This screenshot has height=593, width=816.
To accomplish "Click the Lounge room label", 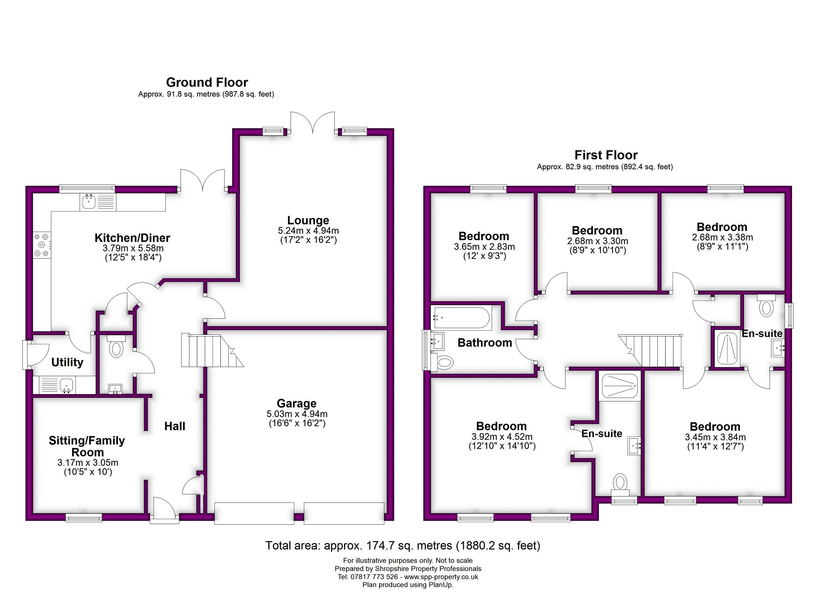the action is [308, 220].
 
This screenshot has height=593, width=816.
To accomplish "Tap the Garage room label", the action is [296, 403].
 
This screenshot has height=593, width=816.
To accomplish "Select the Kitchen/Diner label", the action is [132, 238].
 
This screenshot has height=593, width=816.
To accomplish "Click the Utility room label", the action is [67, 362].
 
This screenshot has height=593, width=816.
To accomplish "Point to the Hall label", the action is [175, 426].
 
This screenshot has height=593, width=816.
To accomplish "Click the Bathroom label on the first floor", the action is [485, 343].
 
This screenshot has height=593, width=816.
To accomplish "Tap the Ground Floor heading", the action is [207, 82].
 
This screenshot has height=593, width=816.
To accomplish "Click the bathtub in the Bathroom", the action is [461, 318].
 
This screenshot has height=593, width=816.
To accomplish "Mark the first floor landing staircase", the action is [651, 351].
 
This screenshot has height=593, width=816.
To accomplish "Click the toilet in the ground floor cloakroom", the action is [116, 347].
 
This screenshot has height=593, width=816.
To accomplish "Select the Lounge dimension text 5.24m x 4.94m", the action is [308, 231].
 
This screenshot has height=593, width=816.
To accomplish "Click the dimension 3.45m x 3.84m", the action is [715, 437].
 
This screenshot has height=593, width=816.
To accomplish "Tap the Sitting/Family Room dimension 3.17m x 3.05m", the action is [88, 463].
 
